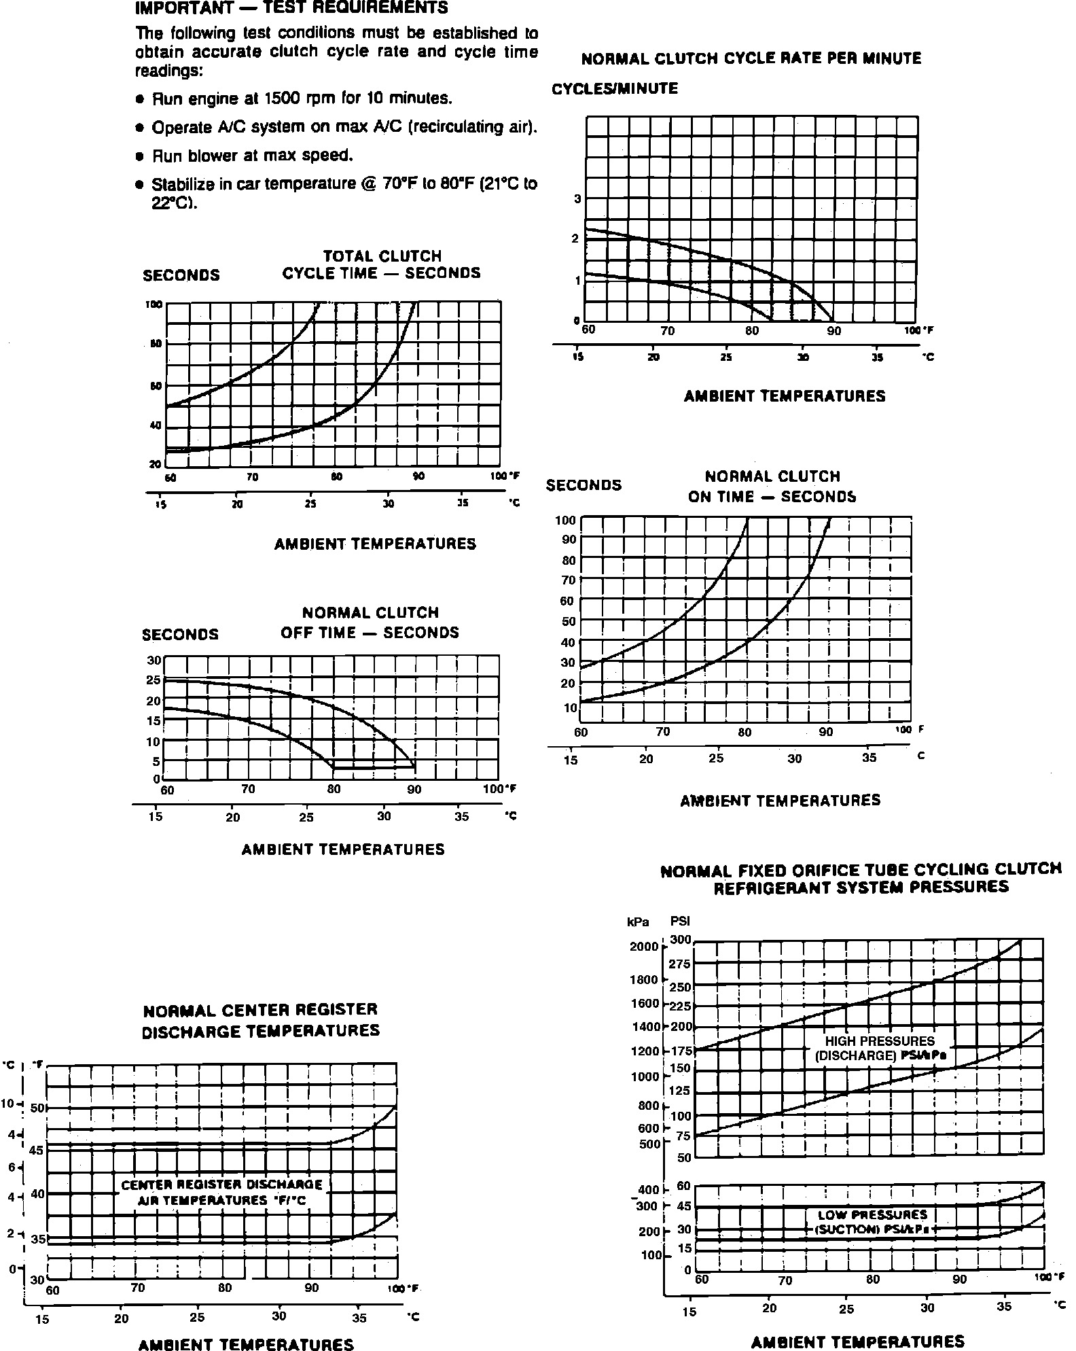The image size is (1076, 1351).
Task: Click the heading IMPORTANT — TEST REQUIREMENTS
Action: pos(292,8)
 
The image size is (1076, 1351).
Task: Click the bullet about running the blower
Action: pos(252,156)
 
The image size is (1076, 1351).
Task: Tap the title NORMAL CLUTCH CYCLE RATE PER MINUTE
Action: pos(751,58)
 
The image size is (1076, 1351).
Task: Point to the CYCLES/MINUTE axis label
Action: pos(615,89)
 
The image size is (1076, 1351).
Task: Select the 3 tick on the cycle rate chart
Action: pos(577,199)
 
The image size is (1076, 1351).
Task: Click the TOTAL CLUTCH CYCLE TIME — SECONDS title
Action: pos(381,264)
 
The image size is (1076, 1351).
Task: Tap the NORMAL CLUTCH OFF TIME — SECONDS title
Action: pos(370,622)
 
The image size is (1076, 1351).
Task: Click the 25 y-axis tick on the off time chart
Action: pos(154,680)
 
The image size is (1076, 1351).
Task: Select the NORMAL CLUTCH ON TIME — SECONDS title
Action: pos(772,487)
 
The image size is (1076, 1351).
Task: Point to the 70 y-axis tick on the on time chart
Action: pos(568,580)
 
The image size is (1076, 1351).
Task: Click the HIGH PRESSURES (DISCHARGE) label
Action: pos(880,1048)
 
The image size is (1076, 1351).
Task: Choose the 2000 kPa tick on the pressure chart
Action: pos(644,947)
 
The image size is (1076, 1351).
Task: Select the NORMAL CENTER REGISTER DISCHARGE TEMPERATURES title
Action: pos(260,1020)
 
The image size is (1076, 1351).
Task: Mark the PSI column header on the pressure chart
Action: pos(680,922)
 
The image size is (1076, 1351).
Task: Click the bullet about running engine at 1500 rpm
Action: pos(302,99)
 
